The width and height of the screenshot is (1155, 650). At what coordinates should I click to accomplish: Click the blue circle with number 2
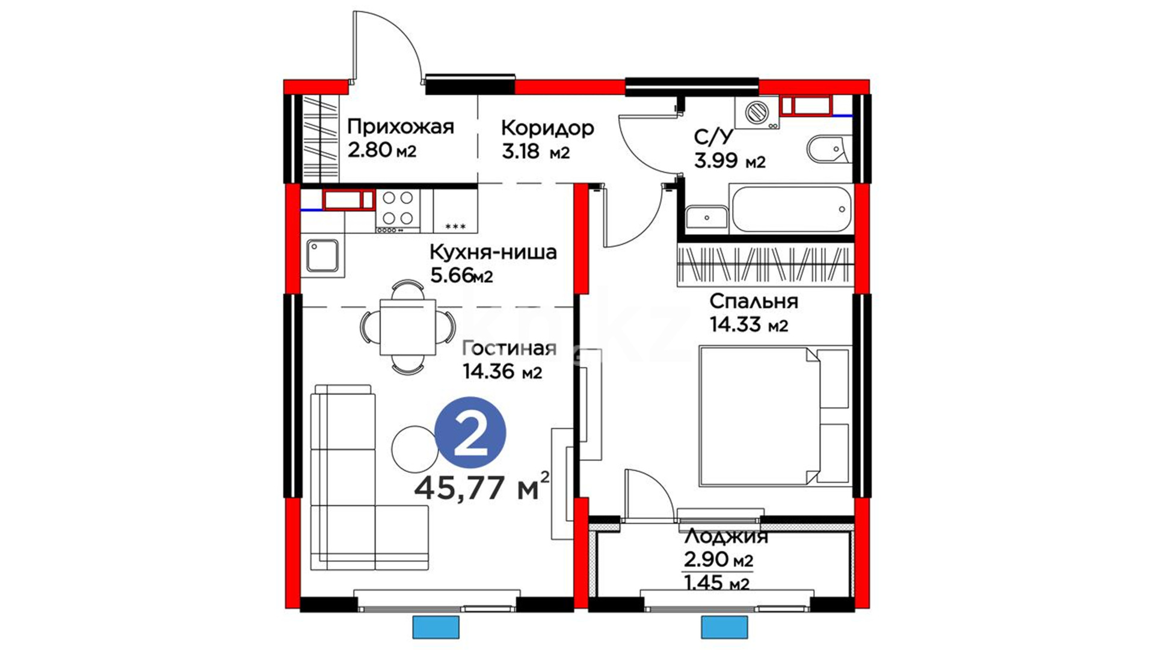point(470,433)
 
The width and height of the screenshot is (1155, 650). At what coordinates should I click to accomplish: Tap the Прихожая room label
point(401,127)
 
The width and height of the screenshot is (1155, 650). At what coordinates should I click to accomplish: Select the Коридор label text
point(547,128)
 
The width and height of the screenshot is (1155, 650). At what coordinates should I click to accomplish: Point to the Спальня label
point(754,301)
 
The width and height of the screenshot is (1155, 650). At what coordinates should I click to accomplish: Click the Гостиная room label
point(509,348)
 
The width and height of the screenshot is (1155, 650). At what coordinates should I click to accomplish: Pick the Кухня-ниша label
point(493,252)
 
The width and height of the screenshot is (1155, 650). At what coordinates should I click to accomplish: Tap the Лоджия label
point(726,536)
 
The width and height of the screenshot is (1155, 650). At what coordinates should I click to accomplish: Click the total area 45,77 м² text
point(482,487)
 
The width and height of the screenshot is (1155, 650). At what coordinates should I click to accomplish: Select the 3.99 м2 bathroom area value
point(730,161)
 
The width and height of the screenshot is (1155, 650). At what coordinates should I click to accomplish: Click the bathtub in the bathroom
point(791,209)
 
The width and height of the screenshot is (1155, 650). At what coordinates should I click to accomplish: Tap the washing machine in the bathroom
point(757,113)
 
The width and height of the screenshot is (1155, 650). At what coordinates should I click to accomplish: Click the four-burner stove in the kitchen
point(398,211)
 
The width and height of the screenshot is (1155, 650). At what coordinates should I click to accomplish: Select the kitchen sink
point(322,256)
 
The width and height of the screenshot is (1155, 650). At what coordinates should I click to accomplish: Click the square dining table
point(408,327)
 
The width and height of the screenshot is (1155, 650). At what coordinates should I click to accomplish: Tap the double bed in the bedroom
point(775,415)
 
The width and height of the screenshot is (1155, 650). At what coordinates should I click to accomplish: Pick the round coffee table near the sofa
point(414,449)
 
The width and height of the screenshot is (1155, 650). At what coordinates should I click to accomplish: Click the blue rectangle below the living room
point(436,627)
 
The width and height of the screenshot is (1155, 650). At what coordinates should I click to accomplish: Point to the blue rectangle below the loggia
point(724,627)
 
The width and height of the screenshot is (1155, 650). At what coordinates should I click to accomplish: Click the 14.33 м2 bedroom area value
point(749,325)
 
